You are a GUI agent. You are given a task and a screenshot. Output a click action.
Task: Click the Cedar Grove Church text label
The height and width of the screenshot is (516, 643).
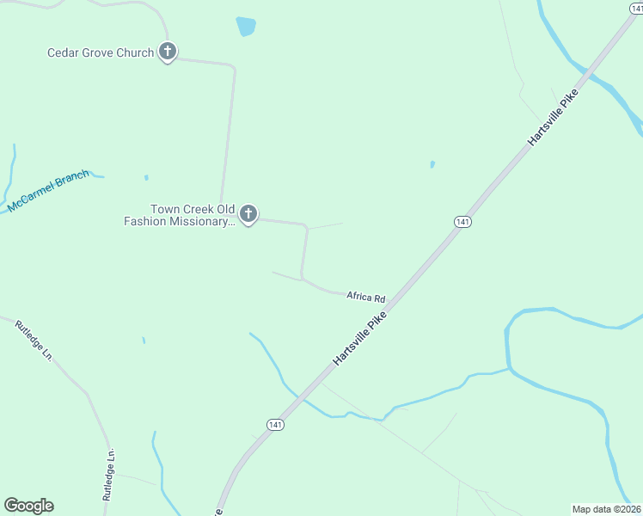[x=100, y=52]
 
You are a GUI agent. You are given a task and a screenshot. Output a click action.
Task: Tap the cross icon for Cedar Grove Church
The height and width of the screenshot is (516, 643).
[x=168, y=52]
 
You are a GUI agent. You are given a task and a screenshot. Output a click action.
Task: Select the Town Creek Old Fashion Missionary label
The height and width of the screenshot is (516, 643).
[x=179, y=215]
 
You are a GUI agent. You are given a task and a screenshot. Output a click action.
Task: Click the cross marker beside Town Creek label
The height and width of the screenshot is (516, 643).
[x=248, y=214]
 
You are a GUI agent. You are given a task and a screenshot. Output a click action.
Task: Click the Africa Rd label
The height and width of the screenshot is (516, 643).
[x=366, y=297]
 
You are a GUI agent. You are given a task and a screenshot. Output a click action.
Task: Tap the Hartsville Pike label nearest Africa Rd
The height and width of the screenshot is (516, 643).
[x=360, y=338]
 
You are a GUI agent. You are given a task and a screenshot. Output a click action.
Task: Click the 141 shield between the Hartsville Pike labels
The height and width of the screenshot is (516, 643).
[x=463, y=222]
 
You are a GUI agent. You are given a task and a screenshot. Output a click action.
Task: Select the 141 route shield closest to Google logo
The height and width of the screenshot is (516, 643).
[x=274, y=425]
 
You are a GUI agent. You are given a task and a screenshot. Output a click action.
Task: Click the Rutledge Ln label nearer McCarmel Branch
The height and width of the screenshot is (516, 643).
[x=34, y=341]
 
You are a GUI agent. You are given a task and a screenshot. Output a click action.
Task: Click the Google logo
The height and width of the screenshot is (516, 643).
[x=28, y=506]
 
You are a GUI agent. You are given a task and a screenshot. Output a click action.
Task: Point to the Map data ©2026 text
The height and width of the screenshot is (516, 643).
[x=606, y=509]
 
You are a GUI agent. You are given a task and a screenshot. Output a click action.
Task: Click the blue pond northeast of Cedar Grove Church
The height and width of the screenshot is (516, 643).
[x=246, y=27]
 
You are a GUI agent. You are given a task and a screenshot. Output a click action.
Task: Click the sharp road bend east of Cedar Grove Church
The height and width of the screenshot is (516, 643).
[x=233, y=66]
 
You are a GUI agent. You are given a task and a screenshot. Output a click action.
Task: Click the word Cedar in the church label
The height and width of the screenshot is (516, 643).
[x=62, y=52]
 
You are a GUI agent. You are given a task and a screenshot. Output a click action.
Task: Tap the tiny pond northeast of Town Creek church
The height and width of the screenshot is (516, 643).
[x=432, y=164]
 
